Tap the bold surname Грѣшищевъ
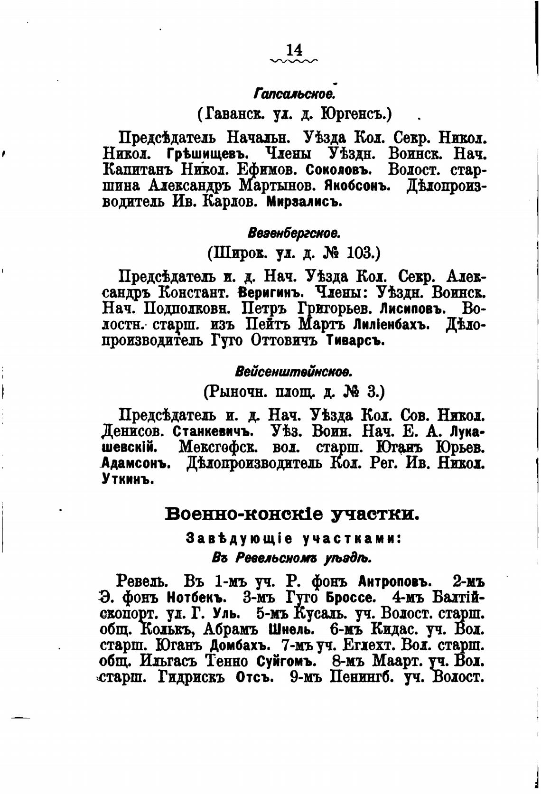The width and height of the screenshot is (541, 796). coord(208,154)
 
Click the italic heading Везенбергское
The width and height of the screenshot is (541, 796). coord(294,233)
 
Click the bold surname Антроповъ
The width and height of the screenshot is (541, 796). coord(395,581)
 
